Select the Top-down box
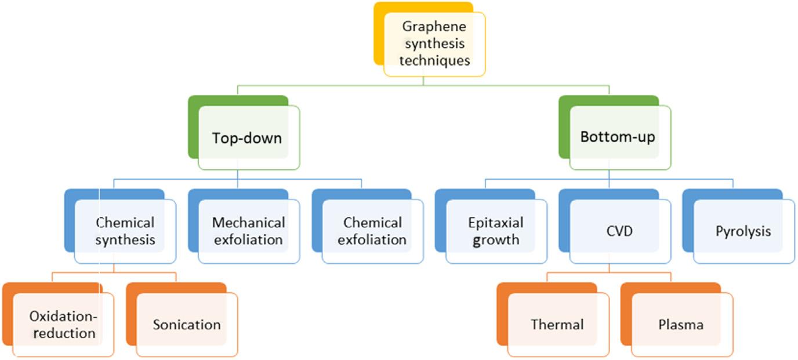tap(248, 137)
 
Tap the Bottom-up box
tap(619, 137)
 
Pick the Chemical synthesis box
tap(125, 231)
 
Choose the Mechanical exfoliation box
tap(248, 231)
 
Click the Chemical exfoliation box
tap(372, 231)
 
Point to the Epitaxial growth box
tap(496, 231)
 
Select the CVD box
tap(619, 231)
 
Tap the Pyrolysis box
tap(743, 231)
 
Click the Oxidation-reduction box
tap(63, 325)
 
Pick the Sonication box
tap(186, 325)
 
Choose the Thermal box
tap(557, 325)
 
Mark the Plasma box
tap(681, 325)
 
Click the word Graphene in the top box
tap(434, 27)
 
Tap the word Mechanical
tap(248, 223)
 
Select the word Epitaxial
tap(496, 223)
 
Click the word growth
tap(496, 239)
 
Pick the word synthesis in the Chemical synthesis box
tap(125, 239)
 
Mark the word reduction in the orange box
tap(63, 333)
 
